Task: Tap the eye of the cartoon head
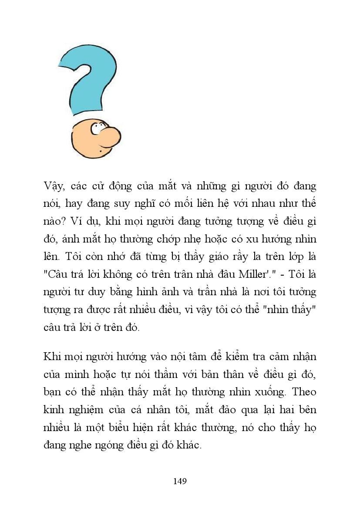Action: point(96,128)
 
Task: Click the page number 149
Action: point(180,481)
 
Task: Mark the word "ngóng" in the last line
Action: point(123,445)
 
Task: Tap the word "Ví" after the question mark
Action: point(77,221)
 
